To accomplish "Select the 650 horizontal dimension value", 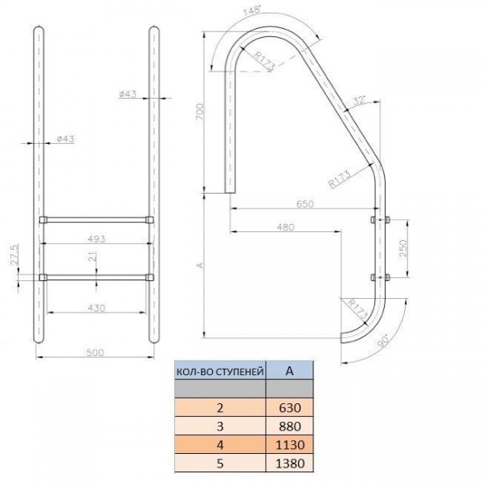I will click(x=304, y=204).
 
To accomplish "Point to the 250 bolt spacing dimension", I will click(x=403, y=248).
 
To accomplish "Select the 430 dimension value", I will click(x=96, y=308).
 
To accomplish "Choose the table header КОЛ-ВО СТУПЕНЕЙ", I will click(x=219, y=371).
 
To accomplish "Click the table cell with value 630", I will click(x=288, y=408).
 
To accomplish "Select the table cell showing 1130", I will click(x=288, y=444).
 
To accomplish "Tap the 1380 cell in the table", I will click(x=288, y=463).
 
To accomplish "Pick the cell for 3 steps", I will click(x=219, y=427).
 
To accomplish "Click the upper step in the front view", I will click(x=96, y=218).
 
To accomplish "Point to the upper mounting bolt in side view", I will click(x=378, y=219).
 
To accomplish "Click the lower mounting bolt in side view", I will click(x=378, y=278).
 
